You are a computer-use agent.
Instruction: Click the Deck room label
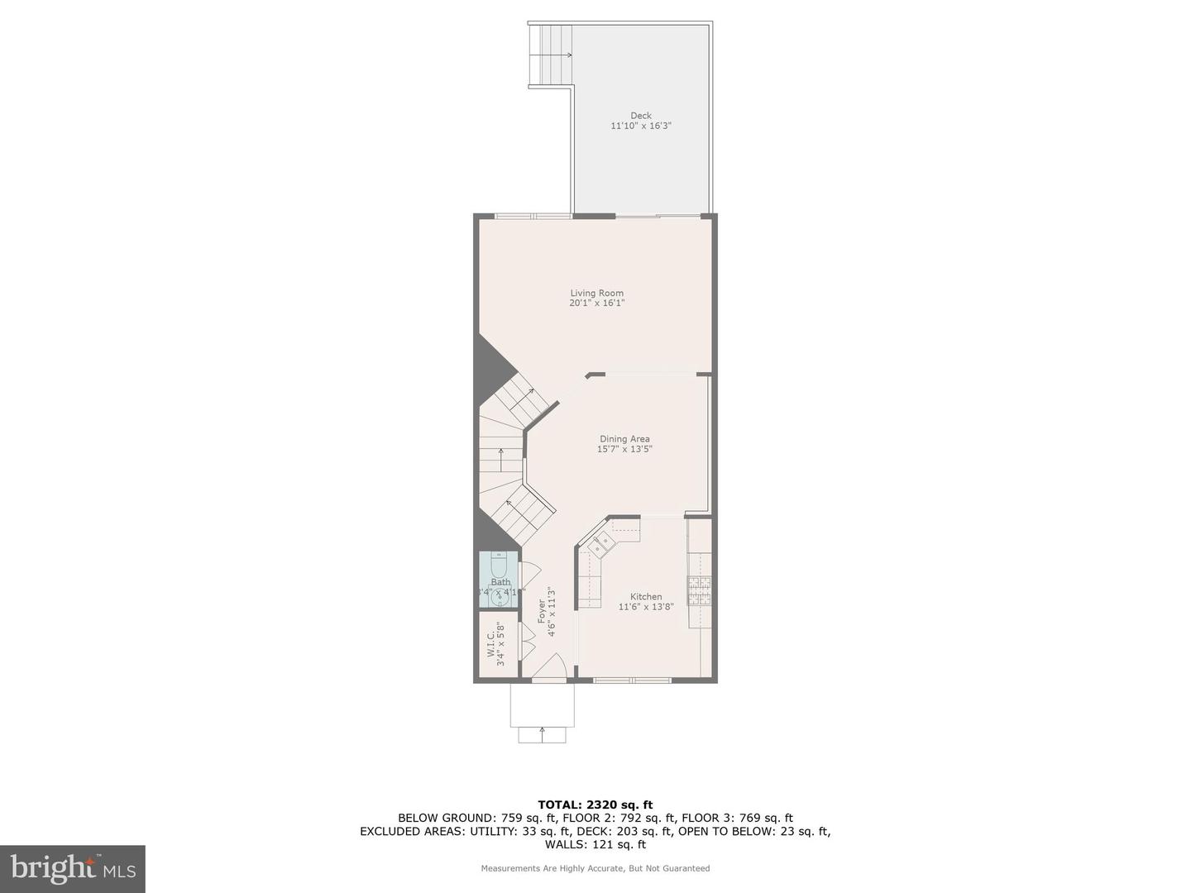click(640, 116)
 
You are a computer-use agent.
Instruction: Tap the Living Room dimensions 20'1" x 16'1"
click(596, 303)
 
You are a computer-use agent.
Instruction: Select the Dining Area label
click(624, 439)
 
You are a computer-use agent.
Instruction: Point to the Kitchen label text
click(646, 596)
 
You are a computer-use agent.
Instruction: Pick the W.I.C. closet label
click(490, 642)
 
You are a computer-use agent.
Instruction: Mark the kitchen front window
click(633, 680)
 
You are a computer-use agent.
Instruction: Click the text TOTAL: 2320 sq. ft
click(595, 804)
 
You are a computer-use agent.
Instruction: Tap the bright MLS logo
click(73, 868)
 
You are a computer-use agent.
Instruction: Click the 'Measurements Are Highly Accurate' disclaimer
click(595, 868)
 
